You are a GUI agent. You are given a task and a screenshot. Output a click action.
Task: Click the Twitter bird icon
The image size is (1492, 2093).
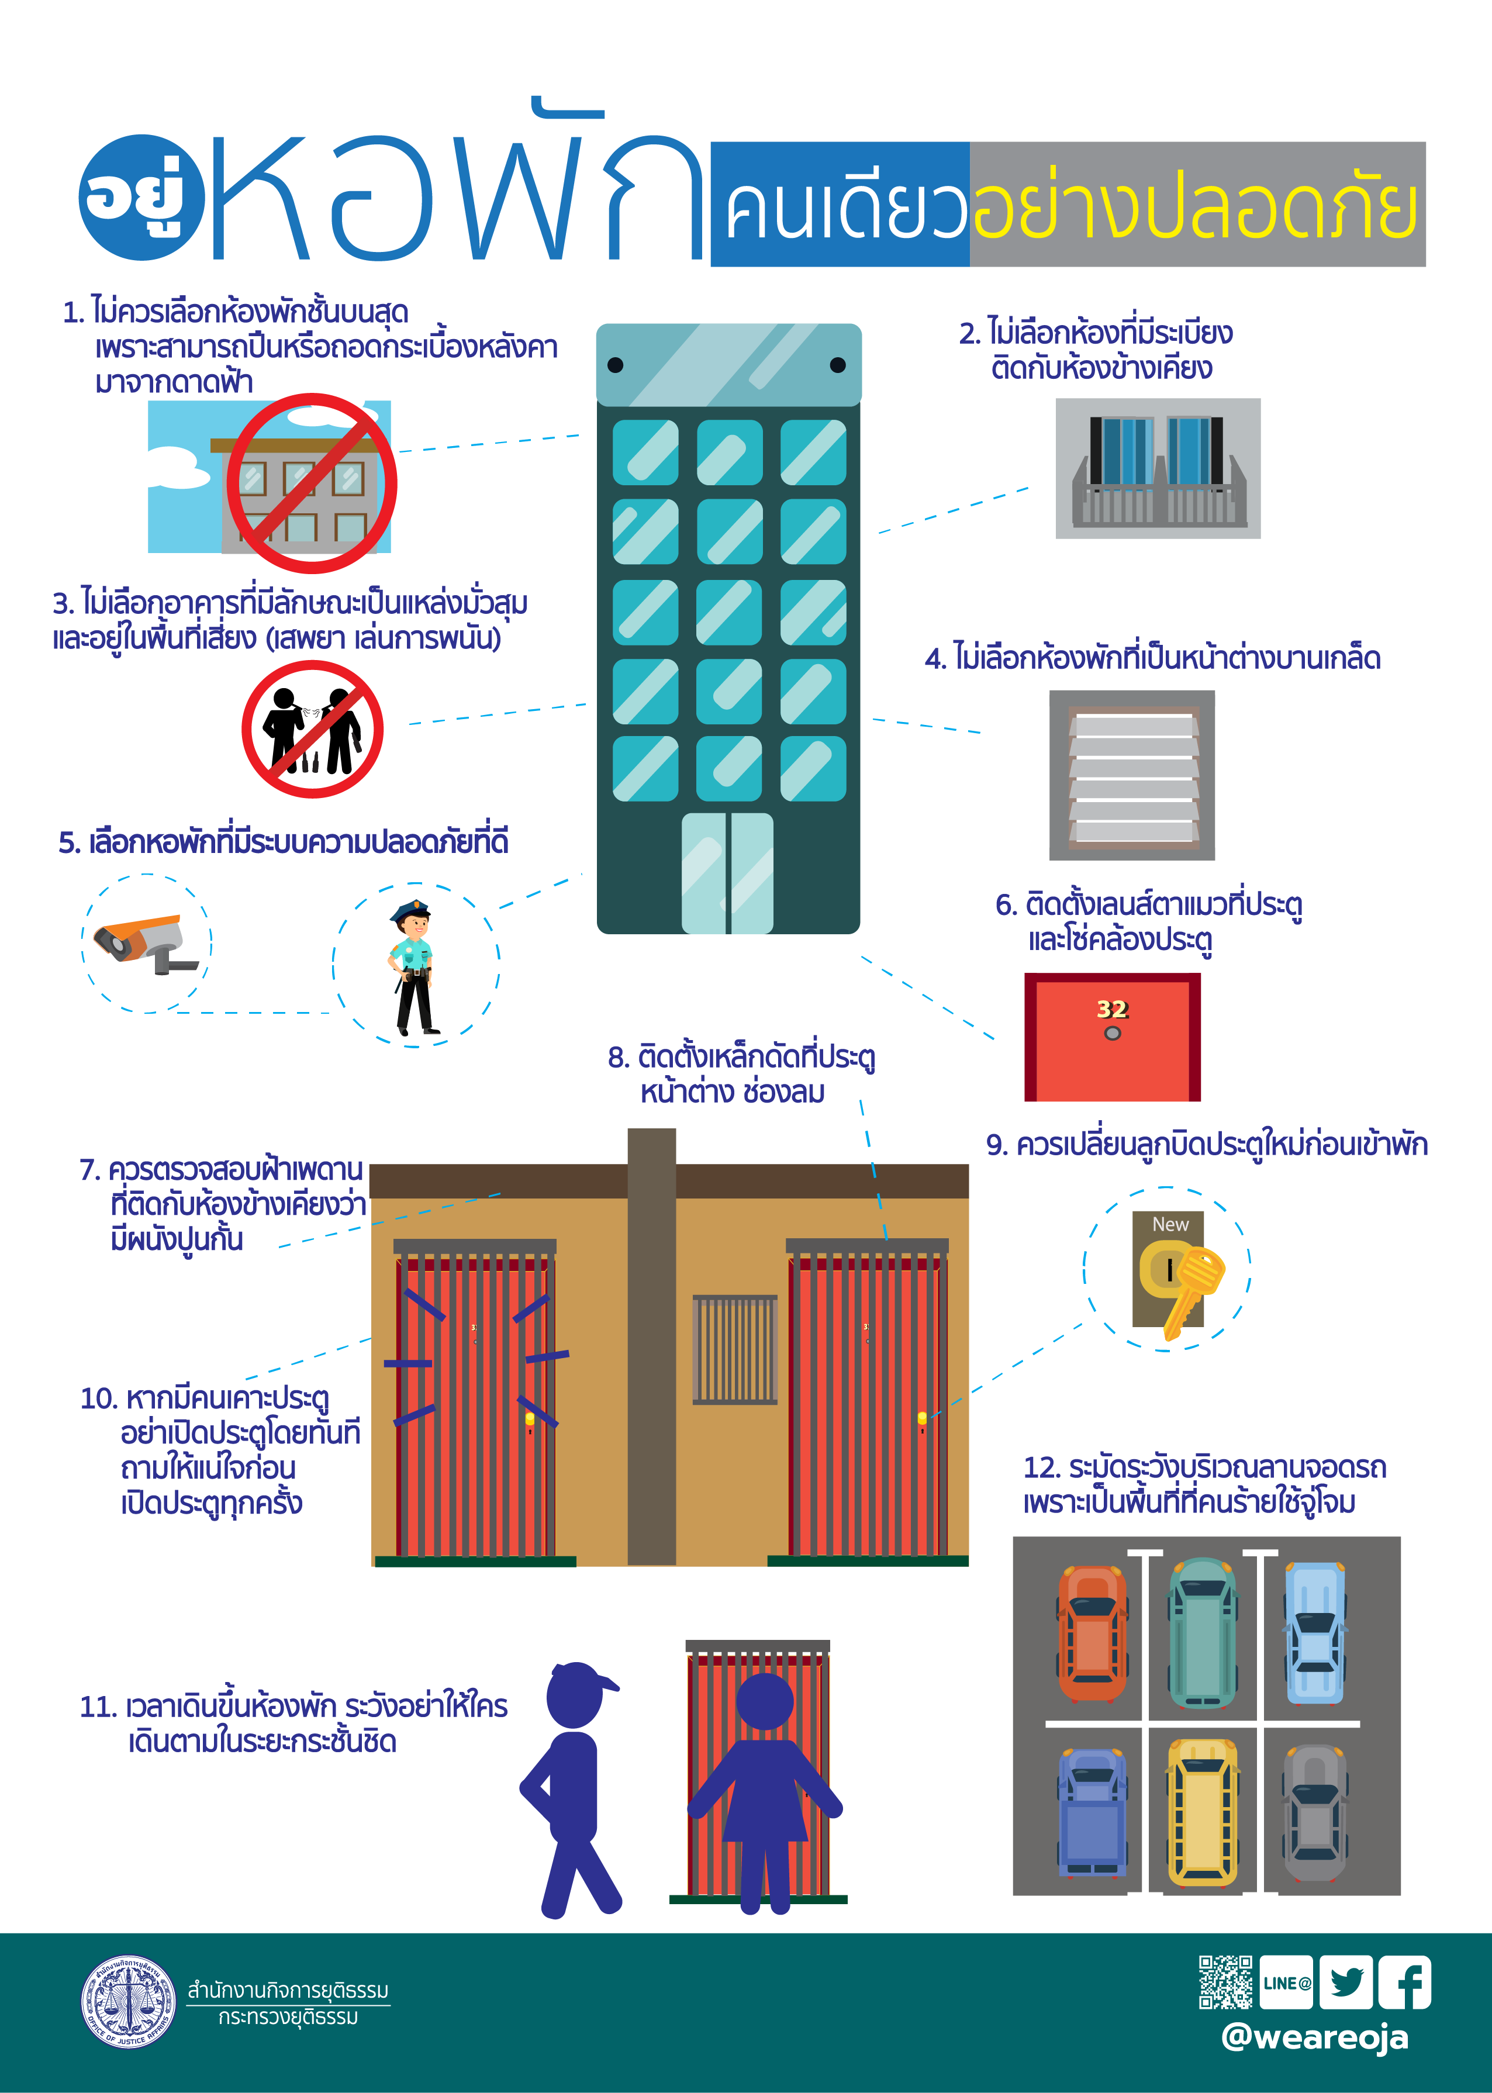[x=1346, y=1982]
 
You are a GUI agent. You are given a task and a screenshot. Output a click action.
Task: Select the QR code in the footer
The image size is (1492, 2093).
[x=1225, y=1982]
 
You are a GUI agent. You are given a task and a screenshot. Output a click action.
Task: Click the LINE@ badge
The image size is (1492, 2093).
[x=1286, y=1982]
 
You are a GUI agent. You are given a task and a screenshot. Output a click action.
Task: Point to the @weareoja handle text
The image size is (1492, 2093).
[x=1315, y=2036]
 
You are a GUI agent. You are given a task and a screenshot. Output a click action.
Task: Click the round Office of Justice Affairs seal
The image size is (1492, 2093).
[x=129, y=2001]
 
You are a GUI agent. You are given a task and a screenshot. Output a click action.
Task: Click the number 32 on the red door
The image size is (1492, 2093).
[x=1111, y=1009]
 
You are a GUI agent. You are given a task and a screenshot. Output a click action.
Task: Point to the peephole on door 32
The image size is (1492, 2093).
[x=1113, y=1032]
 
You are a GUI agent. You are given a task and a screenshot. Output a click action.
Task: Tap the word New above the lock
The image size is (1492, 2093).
[x=1170, y=1224]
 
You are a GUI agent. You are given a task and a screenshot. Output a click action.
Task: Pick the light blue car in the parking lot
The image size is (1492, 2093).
[x=1315, y=1633]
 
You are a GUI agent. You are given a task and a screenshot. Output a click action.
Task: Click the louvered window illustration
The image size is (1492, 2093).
[x=1132, y=775]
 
